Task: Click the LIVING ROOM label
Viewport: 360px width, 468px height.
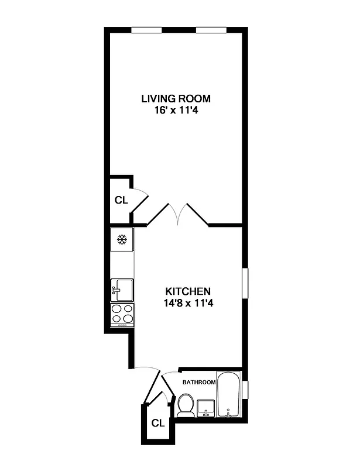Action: coord(175,98)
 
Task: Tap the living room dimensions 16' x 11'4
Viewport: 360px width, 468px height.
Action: coord(175,109)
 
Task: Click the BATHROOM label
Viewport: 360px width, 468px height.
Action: coord(198,382)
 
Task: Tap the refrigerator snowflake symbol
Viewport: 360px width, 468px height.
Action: coord(122,239)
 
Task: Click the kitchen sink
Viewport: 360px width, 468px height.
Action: coord(122,289)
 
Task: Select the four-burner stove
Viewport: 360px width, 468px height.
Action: coord(122,314)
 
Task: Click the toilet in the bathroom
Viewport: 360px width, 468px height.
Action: coord(186,405)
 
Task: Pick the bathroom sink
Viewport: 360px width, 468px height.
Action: coord(206,407)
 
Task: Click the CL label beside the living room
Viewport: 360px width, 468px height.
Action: coord(121,200)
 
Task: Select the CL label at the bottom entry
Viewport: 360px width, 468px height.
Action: coord(157,422)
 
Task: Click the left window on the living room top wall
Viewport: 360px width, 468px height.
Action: coord(146,30)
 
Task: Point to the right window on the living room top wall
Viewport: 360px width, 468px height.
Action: coord(211,30)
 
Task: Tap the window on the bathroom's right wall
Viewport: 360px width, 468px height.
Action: coord(245,388)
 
